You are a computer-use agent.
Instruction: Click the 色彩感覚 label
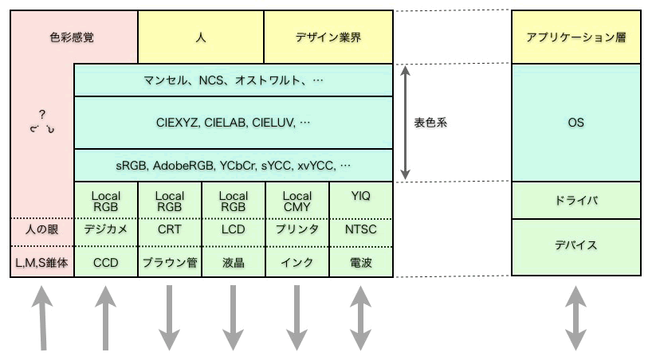(72, 37)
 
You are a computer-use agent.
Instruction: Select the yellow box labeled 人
(201, 37)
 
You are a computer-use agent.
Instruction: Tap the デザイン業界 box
(328, 37)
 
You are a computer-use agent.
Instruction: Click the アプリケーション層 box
(576, 37)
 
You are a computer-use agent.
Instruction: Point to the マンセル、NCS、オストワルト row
(234, 80)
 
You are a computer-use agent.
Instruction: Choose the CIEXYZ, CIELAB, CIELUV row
(234, 123)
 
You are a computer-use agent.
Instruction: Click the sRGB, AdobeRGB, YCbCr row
(234, 166)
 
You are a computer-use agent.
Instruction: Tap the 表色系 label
(430, 123)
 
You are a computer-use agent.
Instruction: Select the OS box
(576, 123)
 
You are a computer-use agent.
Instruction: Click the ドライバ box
(576, 201)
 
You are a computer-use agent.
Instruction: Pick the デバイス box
(576, 248)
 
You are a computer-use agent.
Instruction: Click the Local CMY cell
(297, 201)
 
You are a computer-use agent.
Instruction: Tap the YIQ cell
(361, 201)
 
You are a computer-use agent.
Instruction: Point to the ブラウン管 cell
(170, 262)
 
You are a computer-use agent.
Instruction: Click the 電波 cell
(361, 262)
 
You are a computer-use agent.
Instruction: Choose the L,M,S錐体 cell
(42, 262)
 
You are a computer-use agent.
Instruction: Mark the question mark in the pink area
(42, 115)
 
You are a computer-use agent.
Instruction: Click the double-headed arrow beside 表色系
(406, 123)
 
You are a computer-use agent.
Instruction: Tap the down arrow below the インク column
(297, 317)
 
